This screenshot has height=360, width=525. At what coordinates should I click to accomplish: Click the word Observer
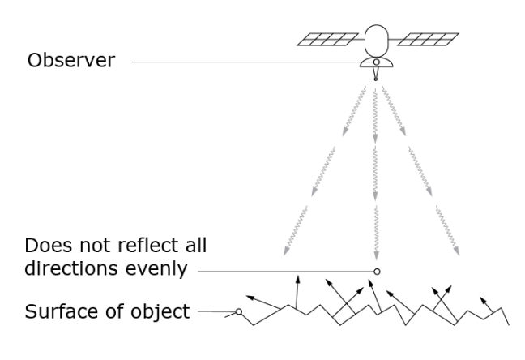[70, 61]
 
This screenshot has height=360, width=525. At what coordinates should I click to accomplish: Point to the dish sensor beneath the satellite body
[375, 64]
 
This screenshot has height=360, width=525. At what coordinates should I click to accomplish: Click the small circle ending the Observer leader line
[375, 62]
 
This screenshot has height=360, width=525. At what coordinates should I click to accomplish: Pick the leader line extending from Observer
[243, 62]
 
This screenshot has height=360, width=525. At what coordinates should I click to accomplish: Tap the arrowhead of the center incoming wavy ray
[376, 252]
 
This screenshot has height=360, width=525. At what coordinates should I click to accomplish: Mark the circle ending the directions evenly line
[376, 270]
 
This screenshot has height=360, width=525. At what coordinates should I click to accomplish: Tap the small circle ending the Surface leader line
[239, 311]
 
